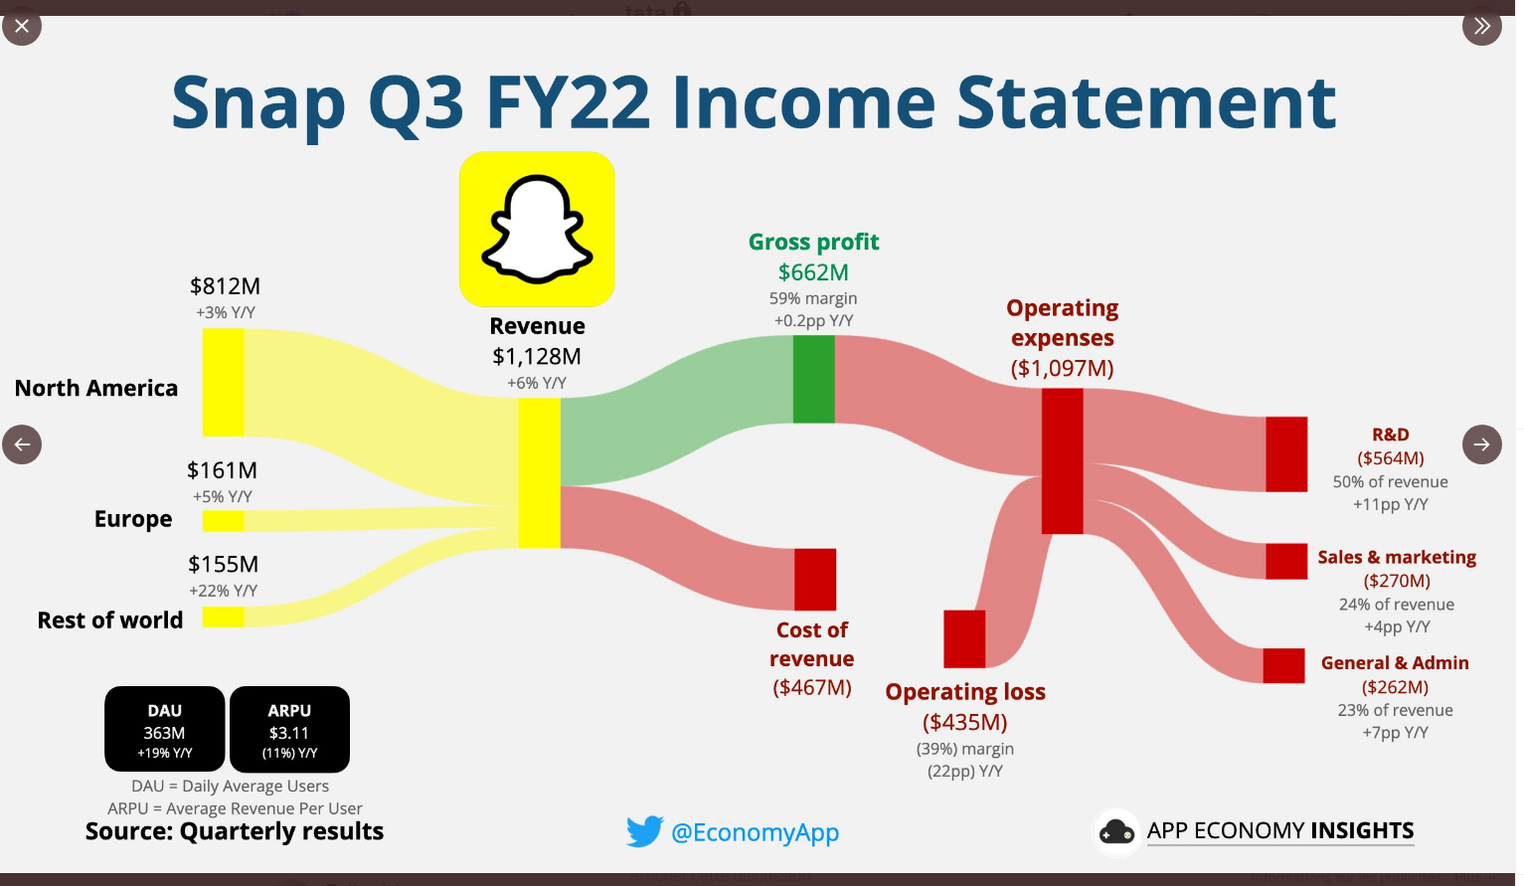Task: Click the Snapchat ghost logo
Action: [537, 230]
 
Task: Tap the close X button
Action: [22, 26]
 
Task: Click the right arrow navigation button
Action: [1482, 444]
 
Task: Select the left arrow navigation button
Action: [22, 444]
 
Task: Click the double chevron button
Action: [1482, 26]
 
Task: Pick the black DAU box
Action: [165, 729]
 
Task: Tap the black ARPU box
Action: [290, 729]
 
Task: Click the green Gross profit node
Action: [814, 379]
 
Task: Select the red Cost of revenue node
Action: [815, 579]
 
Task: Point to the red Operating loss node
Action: [964, 638]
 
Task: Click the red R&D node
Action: [1286, 453]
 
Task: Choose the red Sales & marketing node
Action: [1286, 561]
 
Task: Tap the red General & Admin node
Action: [1283, 665]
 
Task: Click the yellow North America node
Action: [223, 383]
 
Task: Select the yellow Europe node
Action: [223, 521]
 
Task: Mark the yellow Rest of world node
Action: [223, 617]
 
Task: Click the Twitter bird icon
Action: [644, 831]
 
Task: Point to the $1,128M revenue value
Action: [537, 356]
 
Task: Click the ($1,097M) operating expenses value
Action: [1062, 368]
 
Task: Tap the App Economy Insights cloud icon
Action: [1116, 831]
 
